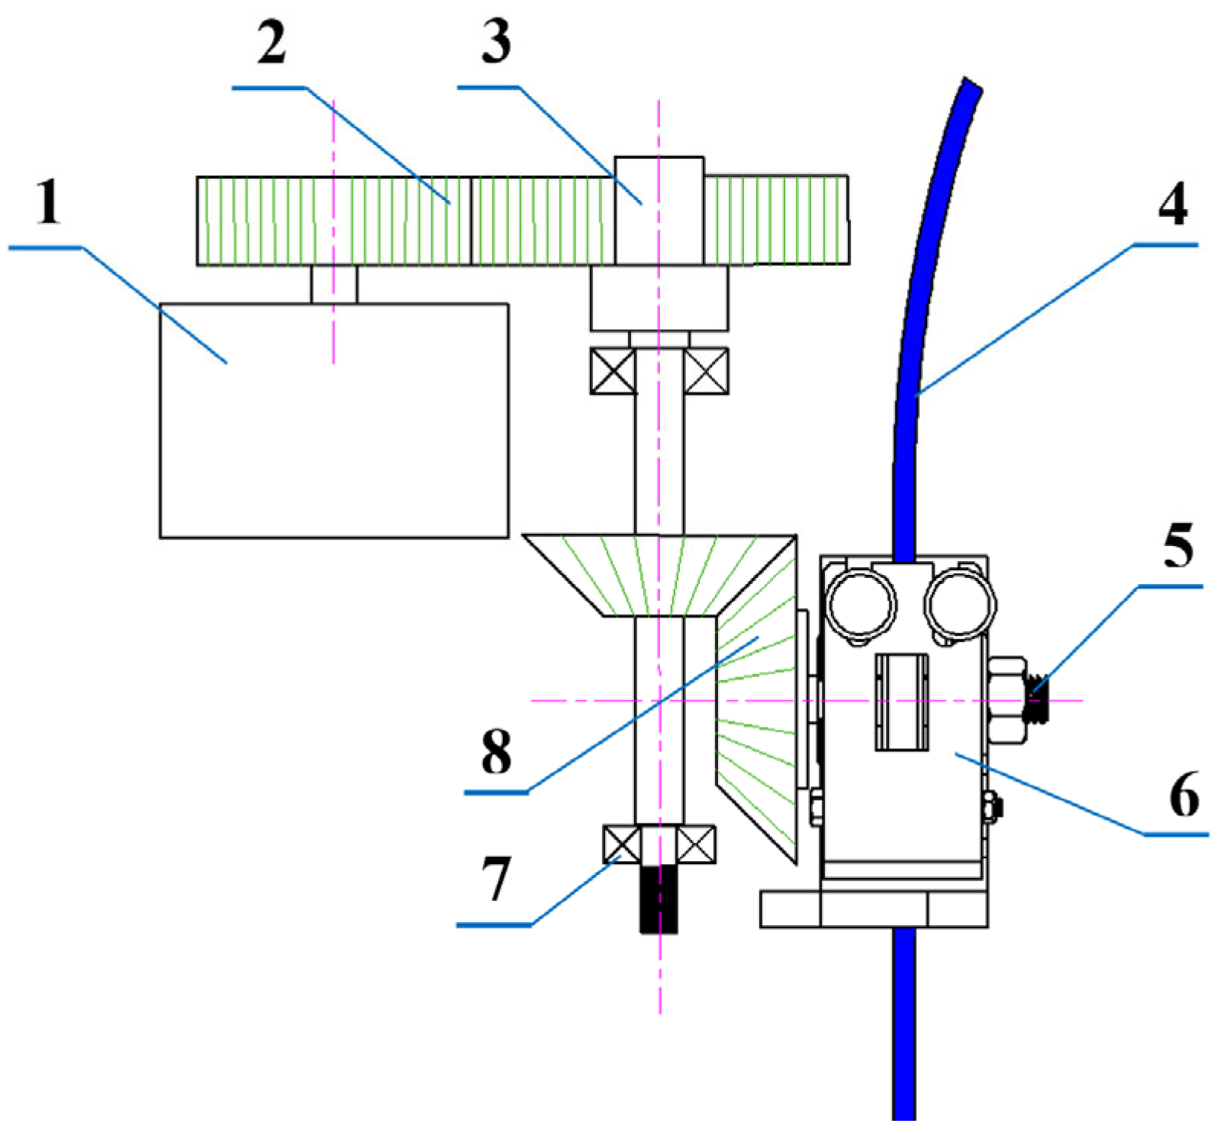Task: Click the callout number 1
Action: (x=49, y=202)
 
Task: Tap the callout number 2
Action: (x=272, y=43)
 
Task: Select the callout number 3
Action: (x=496, y=41)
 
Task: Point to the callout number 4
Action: (x=1172, y=204)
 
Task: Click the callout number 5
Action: (x=1177, y=547)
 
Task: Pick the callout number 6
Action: (x=1184, y=795)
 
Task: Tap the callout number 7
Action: (x=496, y=878)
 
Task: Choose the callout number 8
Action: (x=496, y=751)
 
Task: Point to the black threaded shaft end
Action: (x=659, y=901)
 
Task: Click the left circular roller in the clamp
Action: (x=861, y=603)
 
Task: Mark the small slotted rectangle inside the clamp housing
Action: (x=902, y=702)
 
